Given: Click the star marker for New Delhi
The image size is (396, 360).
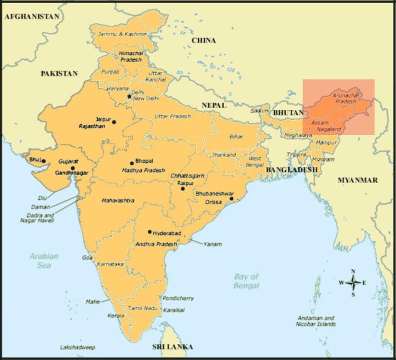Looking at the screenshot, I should [129, 96].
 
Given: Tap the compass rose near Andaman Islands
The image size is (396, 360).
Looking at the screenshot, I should [353, 282].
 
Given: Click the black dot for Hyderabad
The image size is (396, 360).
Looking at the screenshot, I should [150, 232].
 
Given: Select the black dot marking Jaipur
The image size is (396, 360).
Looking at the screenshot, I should [114, 122].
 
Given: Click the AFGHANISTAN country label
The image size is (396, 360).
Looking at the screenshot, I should [33, 17].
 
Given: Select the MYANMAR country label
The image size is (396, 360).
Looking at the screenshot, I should [357, 180].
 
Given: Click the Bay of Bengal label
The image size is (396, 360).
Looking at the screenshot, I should [246, 281].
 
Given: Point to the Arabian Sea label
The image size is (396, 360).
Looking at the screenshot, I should [43, 260].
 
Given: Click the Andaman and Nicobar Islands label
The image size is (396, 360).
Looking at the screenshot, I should [315, 320].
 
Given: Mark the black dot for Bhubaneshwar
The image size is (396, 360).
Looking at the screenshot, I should [231, 199].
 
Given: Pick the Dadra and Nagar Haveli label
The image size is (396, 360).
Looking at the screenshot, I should [40, 218].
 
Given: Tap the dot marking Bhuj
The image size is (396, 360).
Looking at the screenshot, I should [43, 161].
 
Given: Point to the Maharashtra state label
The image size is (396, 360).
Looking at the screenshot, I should [119, 200].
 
